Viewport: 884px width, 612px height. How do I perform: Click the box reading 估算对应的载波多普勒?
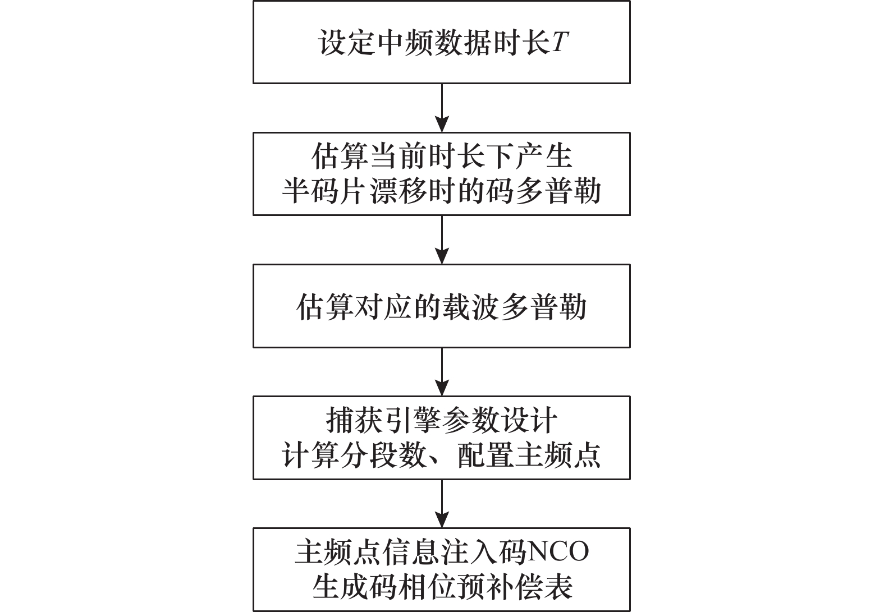coord(442,306)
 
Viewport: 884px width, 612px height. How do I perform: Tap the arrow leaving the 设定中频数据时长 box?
coord(442,108)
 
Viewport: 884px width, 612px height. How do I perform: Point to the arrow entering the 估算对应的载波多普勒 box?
coord(442,240)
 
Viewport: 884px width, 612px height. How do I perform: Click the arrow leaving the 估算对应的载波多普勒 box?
coord(442,372)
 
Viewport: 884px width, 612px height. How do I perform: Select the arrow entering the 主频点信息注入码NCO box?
coord(442,504)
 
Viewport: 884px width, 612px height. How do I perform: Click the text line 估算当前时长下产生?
coord(442,157)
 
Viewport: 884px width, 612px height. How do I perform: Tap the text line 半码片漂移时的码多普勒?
coord(442,191)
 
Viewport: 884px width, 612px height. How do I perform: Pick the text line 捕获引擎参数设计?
coord(442,421)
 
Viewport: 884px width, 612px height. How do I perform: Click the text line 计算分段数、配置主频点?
coord(442,455)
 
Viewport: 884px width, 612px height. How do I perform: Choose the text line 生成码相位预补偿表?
coord(442,587)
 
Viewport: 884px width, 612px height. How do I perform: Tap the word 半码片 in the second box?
coord(324,191)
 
